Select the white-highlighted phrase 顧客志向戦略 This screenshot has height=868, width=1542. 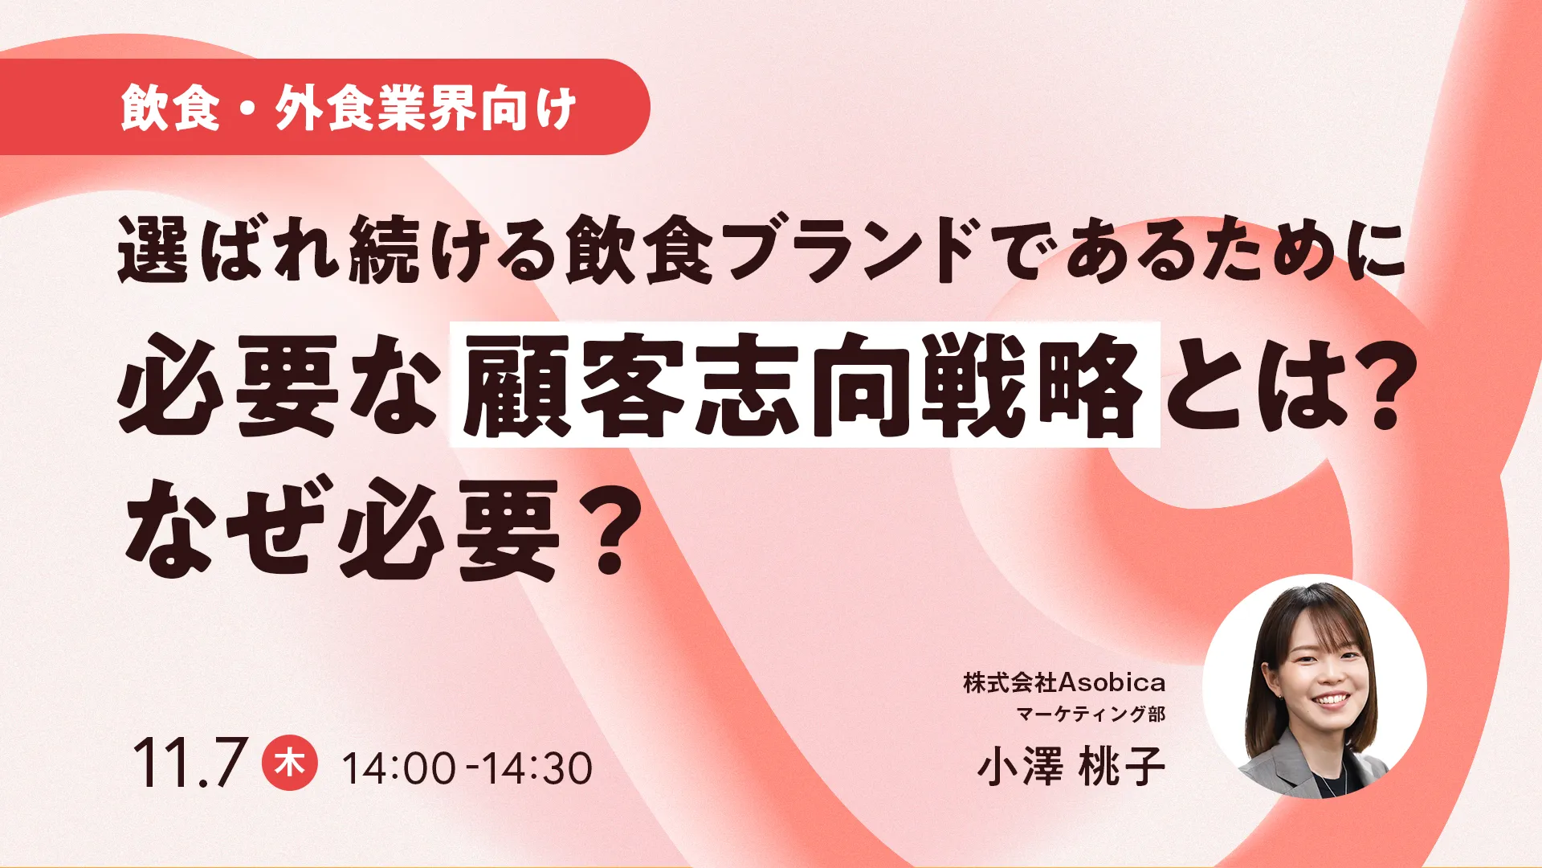point(805,384)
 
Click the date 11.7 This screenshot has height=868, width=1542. point(189,763)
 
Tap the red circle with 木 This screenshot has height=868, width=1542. point(289,762)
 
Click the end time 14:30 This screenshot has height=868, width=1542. point(537,768)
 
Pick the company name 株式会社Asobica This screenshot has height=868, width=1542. point(1064,682)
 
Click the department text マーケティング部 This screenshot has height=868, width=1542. point(1091,714)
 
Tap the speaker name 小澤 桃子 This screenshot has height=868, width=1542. point(1071,766)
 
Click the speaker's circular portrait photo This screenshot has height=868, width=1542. point(1315,686)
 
